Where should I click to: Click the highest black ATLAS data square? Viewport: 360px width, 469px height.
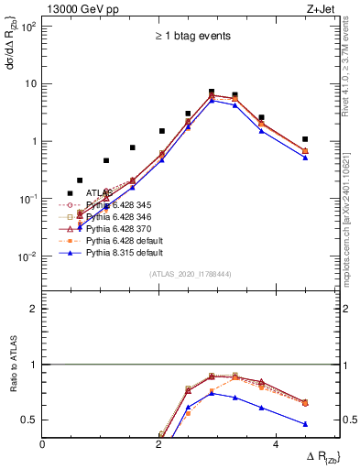[x=212, y=93]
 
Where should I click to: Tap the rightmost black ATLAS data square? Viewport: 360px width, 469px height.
[x=305, y=139]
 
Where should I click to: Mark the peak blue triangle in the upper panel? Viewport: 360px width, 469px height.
[x=212, y=101]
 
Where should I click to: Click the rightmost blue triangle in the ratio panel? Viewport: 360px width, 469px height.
[x=305, y=424]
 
